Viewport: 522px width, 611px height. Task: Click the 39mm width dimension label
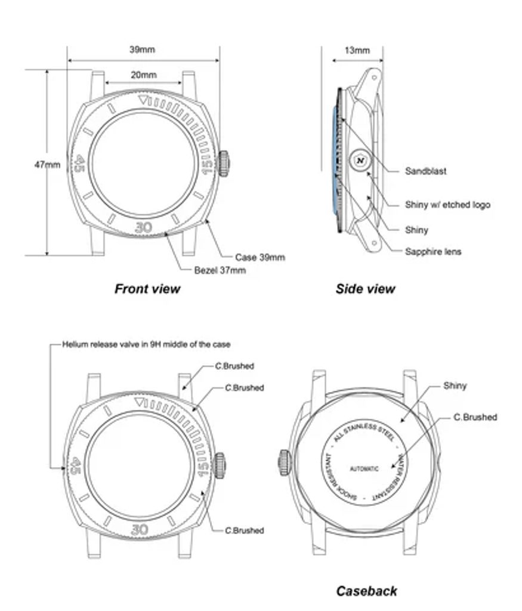pyautogui.click(x=142, y=50)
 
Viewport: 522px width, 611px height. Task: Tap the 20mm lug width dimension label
pyautogui.click(x=143, y=75)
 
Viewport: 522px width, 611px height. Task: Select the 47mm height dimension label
pyautogui.click(x=47, y=165)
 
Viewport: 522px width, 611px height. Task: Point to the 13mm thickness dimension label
pyautogui.click(x=357, y=50)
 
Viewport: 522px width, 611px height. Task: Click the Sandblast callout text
pyautogui.click(x=425, y=171)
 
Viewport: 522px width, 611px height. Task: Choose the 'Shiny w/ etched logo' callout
pyautogui.click(x=447, y=205)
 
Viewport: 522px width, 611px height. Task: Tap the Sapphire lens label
pyautogui.click(x=433, y=251)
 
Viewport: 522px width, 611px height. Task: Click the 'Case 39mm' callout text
pyautogui.click(x=260, y=258)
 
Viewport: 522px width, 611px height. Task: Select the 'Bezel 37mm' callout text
pyautogui.click(x=220, y=270)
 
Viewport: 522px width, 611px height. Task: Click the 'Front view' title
pyautogui.click(x=147, y=289)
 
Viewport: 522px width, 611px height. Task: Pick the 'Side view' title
pyautogui.click(x=365, y=289)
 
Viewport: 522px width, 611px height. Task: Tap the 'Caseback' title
pyautogui.click(x=366, y=591)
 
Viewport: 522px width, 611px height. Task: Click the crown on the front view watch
pyautogui.click(x=224, y=163)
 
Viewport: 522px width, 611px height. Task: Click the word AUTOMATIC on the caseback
pyautogui.click(x=363, y=468)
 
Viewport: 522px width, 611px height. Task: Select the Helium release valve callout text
pyautogui.click(x=146, y=344)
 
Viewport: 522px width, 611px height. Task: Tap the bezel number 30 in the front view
pyautogui.click(x=142, y=227)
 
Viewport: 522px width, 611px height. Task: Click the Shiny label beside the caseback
pyautogui.click(x=455, y=386)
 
